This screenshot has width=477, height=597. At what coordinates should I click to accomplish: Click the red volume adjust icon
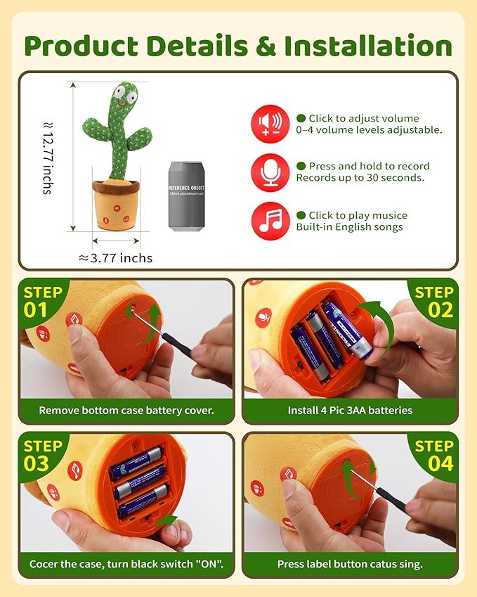[x=270, y=124]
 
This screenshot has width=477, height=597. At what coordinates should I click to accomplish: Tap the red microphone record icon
[x=270, y=172]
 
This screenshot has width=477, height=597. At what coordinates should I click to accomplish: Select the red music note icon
[x=270, y=221]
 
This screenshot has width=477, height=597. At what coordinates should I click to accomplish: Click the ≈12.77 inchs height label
[x=47, y=157]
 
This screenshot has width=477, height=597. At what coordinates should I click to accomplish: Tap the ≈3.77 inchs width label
[x=115, y=258]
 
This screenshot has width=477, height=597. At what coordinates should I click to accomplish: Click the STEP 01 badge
[x=44, y=301]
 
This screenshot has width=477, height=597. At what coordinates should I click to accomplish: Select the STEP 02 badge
[x=433, y=301]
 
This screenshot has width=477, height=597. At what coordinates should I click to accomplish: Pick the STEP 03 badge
[x=44, y=454]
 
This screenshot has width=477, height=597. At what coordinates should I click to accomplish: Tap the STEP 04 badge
[x=433, y=454]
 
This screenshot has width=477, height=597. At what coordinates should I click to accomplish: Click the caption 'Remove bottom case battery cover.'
[x=126, y=411]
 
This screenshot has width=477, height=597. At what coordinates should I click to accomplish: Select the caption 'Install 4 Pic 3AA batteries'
[x=350, y=411]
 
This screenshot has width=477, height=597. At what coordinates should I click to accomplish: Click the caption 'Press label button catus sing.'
[x=350, y=564]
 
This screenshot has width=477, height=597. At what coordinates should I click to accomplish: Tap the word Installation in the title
[x=367, y=46]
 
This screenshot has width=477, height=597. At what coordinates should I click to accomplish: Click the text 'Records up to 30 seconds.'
[x=360, y=178]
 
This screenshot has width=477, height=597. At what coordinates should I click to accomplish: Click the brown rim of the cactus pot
[x=116, y=187]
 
